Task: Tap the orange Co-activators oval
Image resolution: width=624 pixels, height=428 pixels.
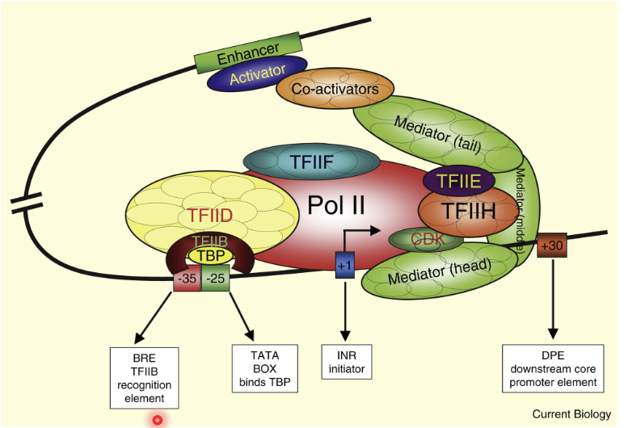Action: (335, 90)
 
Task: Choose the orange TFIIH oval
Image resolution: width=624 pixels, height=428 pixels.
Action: (457, 212)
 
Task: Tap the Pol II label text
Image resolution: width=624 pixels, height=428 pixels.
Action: (337, 206)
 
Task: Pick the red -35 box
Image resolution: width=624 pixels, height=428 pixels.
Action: (187, 279)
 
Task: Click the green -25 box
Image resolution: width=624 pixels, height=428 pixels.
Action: (216, 279)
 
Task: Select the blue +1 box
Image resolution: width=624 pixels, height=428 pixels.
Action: (345, 264)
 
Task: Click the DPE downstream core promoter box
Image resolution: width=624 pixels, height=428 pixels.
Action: (553, 368)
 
